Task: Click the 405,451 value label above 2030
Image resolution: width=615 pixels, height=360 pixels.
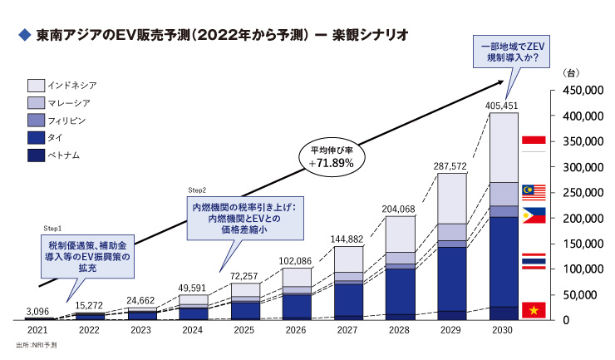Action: pyautogui.click(x=504, y=106)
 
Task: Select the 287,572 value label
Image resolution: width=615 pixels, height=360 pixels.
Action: pyautogui.click(x=450, y=166)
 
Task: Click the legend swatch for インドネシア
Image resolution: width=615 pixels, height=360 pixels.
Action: pyautogui.click(x=36, y=85)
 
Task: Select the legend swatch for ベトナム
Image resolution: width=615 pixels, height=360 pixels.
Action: pyautogui.click(x=36, y=155)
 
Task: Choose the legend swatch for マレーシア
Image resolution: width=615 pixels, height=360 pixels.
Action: pyautogui.click(x=36, y=102)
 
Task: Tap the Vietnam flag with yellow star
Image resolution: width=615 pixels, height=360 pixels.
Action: pyautogui.click(x=533, y=310)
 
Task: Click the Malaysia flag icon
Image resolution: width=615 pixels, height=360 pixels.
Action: pyautogui.click(x=533, y=194)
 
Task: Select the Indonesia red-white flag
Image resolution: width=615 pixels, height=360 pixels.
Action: pyautogui.click(x=533, y=143)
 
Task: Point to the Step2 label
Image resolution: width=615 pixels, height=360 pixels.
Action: pyautogui.click(x=197, y=190)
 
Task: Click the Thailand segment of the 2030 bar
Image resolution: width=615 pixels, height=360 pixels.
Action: pyautogui.click(x=504, y=262)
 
